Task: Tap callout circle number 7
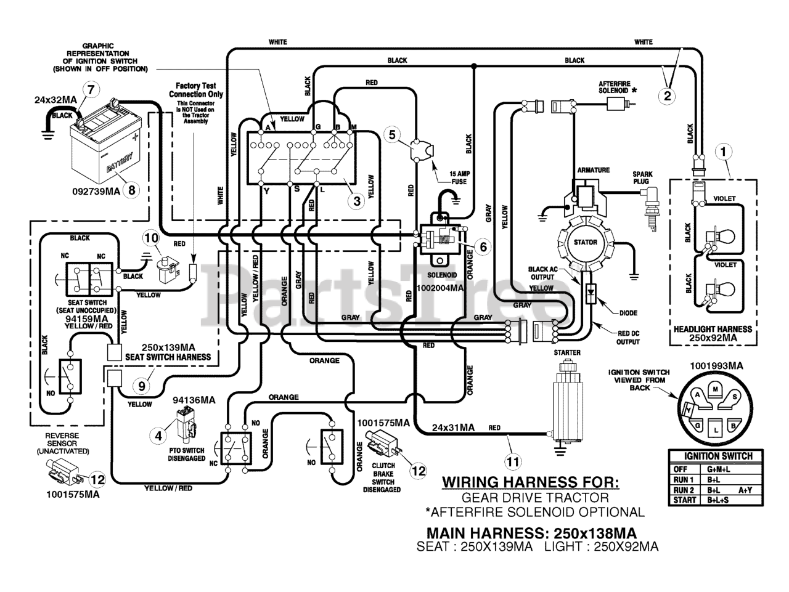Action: point(91,89)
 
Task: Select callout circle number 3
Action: point(356,201)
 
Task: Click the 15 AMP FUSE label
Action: point(460,178)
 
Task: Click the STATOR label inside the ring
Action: point(585,243)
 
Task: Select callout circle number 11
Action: point(513,461)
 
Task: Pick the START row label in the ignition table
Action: point(684,500)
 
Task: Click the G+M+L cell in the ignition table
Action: point(719,469)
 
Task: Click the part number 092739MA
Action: point(96,192)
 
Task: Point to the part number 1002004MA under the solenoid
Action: point(440,288)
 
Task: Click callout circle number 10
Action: point(152,237)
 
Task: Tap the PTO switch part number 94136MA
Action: point(194,400)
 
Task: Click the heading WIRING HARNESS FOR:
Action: point(531,482)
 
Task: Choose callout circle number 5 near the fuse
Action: point(392,135)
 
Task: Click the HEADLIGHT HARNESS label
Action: point(713,329)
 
